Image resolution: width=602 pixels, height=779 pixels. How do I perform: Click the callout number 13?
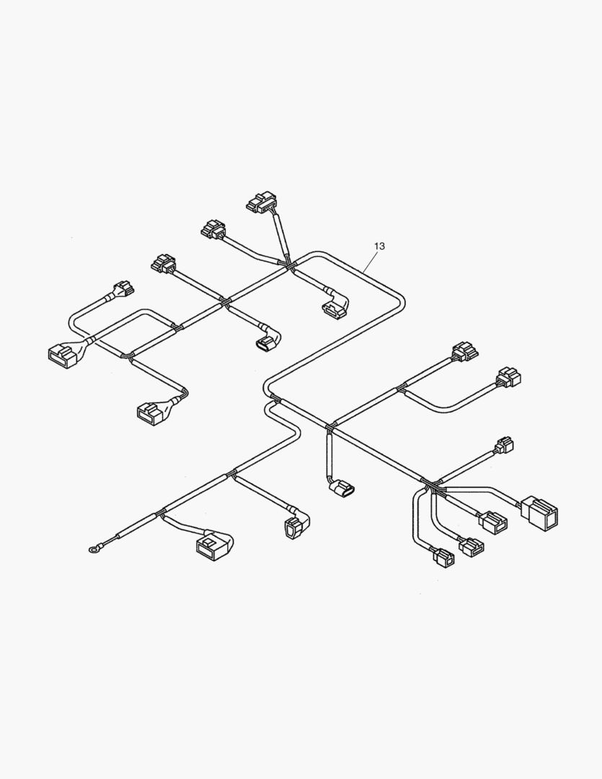pyautogui.click(x=379, y=246)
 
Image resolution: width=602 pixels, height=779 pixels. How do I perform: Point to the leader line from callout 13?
pyautogui.click(x=368, y=260)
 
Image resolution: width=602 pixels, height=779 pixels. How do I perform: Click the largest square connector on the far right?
pyautogui.click(x=539, y=513)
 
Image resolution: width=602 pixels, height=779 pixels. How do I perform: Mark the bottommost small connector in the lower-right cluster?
pyautogui.click(x=443, y=557)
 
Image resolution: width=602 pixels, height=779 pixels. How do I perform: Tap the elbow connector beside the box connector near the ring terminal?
pyautogui.click(x=296, y=528)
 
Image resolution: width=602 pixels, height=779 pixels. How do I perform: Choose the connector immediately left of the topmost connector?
pyautogui.click(x=213, y=229)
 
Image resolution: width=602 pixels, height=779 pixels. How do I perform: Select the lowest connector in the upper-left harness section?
pyautogui.click(x=152, y=411)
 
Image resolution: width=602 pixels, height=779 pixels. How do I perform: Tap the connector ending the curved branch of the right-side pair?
pyautogui.click(x=508, y=377)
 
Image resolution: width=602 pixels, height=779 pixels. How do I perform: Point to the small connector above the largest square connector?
pyautogui.click(x=505, y=445)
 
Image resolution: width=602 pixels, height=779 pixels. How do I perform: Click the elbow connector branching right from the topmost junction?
pyautogui.click(x=335, y=307)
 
